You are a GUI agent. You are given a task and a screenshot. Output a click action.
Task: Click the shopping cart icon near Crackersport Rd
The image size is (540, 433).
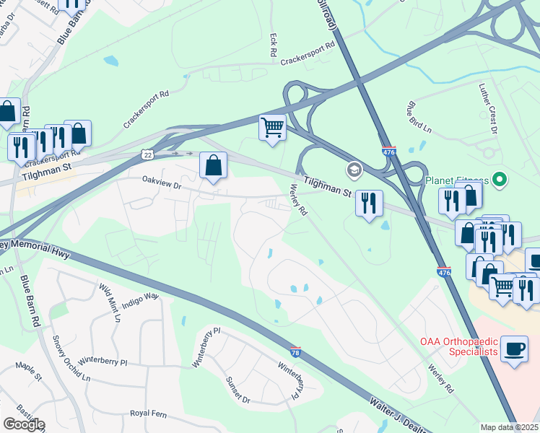pyautogui.click(x=272, y=128)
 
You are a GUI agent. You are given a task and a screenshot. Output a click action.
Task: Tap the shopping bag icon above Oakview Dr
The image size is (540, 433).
pyautogui.click(x=214, y=165)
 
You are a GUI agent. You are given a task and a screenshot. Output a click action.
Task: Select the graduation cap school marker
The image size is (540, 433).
pyautogui.click(x=354, y=170)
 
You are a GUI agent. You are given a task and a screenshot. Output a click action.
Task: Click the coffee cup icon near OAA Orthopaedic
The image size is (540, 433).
pyautogui.click(x=513, y=349)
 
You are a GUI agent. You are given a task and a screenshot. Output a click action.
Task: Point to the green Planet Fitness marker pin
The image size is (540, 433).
pyautogui.click(x=498, y=180)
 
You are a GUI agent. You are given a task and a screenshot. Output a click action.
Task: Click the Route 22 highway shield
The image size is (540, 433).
pyautogui.click(x=147, y=154)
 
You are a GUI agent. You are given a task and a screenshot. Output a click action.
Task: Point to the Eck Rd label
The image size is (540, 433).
pyautogui.click(x=273, y=46)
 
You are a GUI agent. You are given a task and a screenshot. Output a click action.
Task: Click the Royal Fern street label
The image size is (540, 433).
pyautogui.click(x=148, y=414)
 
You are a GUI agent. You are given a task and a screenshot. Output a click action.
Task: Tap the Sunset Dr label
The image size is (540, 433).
pyautogui.click(x=238, y=390)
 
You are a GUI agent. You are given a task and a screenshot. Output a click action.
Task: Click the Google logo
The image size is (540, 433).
pyautogui.click(x=24, y=424)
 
